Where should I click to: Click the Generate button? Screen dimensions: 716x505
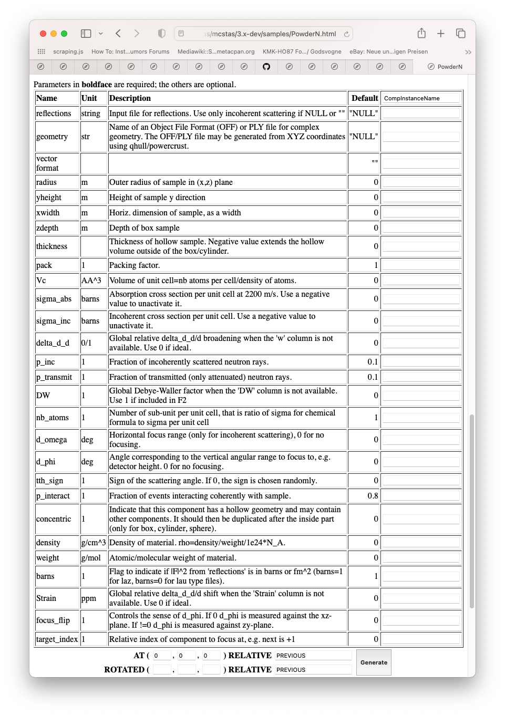374,662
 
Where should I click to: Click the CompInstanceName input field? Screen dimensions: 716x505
421,98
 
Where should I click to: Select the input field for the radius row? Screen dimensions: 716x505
421,182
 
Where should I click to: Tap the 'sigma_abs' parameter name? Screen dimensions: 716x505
54,299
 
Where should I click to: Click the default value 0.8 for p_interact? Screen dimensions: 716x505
373,496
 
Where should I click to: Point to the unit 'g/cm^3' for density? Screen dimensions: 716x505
94,543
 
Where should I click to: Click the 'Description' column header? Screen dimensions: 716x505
130,98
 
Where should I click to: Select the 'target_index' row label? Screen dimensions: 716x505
57,639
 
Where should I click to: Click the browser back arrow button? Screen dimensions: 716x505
118,34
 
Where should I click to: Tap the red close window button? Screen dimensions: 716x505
43,34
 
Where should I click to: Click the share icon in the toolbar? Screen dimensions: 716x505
421,34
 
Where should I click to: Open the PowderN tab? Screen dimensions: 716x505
445,67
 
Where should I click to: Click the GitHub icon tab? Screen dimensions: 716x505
266,67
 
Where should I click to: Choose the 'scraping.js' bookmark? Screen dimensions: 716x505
68,51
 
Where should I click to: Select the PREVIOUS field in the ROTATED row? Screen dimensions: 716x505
313,670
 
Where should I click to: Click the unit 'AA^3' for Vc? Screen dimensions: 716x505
91,281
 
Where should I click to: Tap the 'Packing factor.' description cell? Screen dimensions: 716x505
135,265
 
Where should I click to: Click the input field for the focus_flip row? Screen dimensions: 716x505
421,620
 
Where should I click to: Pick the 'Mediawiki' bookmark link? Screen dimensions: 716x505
215,51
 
